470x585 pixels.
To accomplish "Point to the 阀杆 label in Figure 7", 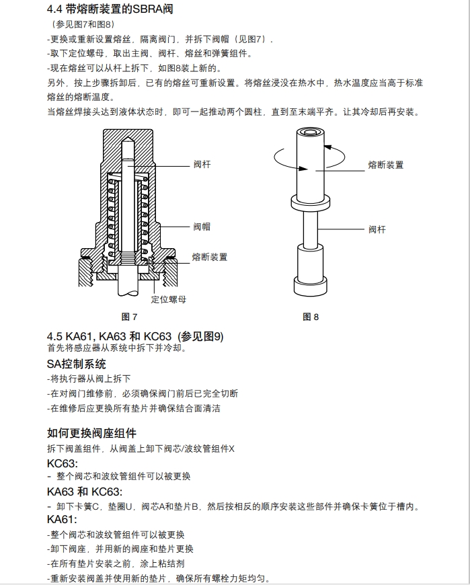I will click(202, 164).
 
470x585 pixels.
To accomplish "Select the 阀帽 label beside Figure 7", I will click(202, 227).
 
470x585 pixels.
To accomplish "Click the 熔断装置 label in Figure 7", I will click(209, 257).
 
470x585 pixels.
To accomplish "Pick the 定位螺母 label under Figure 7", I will click(168, 299).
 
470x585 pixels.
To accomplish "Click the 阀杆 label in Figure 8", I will click(377, 229).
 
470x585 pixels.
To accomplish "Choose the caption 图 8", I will click(311, 317).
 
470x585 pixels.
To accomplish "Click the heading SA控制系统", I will click(76, 364).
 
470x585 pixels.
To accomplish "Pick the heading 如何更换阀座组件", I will click(91, 433).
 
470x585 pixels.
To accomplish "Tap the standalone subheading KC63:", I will click(63, 463).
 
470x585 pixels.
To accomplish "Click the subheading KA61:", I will click(63, 520).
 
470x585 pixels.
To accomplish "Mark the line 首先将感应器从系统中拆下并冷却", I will click(116, 348).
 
